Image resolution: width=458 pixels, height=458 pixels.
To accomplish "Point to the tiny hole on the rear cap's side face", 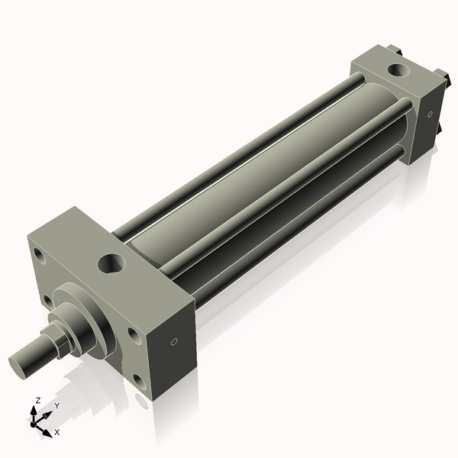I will coord(430,114).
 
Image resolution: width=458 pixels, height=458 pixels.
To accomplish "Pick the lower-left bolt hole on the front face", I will coord(47,301).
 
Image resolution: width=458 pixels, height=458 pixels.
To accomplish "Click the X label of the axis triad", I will coord(56,432).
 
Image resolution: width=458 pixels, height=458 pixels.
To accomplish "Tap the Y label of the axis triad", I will coord(56,406).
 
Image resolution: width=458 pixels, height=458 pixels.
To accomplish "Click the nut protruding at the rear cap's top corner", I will coord(394,50).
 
